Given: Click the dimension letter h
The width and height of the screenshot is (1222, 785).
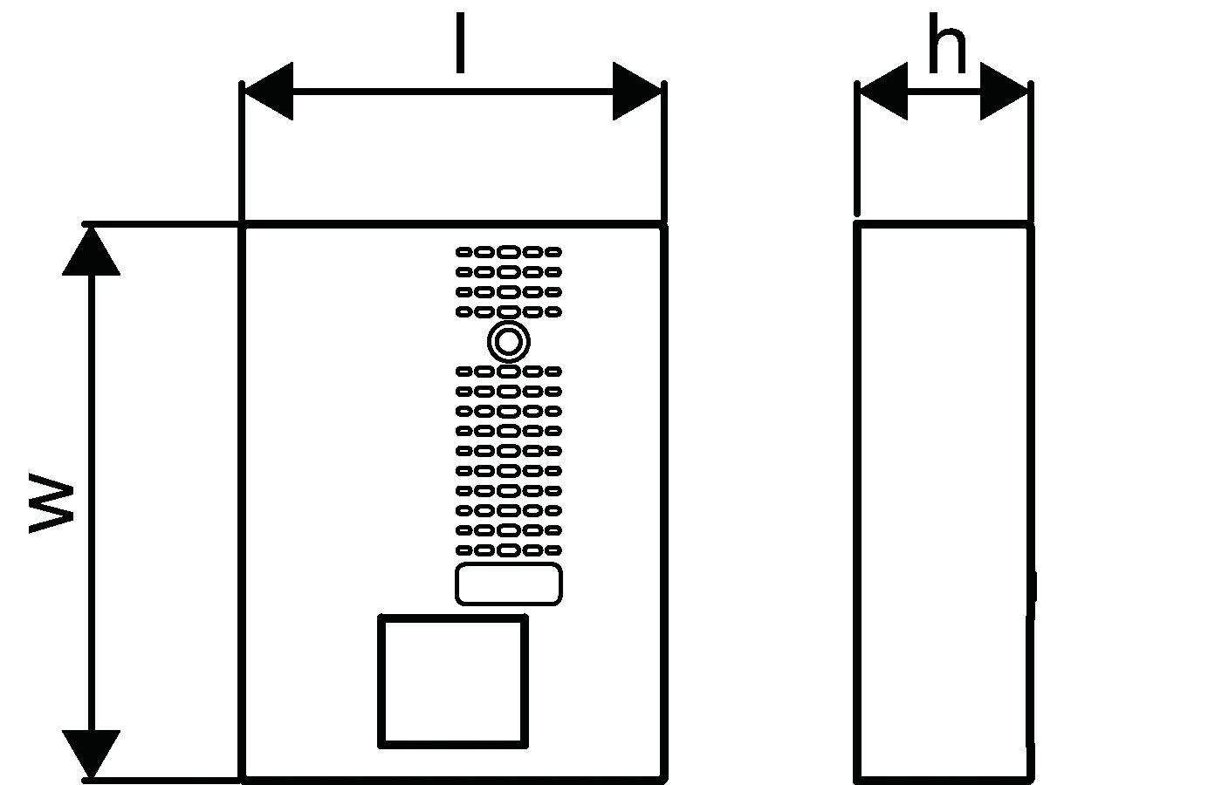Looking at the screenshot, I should click(946, 48).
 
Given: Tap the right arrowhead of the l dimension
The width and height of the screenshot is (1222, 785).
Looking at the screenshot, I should click(637, 91).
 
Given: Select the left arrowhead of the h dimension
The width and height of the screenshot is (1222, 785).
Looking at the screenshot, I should click(883, 91).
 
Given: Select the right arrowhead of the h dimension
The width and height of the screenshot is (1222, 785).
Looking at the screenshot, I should click(1004, 91).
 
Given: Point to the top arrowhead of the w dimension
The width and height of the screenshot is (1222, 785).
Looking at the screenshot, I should click(91, 251).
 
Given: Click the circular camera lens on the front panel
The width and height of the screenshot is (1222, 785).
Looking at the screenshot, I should click(509, 342).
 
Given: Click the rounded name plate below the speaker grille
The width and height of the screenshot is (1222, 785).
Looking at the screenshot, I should click(509, 584).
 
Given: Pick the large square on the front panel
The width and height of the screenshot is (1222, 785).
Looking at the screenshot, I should click(453, 681).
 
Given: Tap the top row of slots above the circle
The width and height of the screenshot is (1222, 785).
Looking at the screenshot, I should click(509, 252).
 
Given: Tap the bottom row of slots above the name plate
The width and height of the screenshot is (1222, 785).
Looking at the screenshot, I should click(509, 550).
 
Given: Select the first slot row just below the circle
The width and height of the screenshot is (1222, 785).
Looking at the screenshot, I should click(509, 372).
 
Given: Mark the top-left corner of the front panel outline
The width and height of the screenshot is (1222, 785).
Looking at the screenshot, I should click(243, 227).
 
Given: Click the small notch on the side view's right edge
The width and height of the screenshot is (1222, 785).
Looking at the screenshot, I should click(1033, 586).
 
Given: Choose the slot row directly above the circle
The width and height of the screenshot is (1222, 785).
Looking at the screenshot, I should click(509, 311).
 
